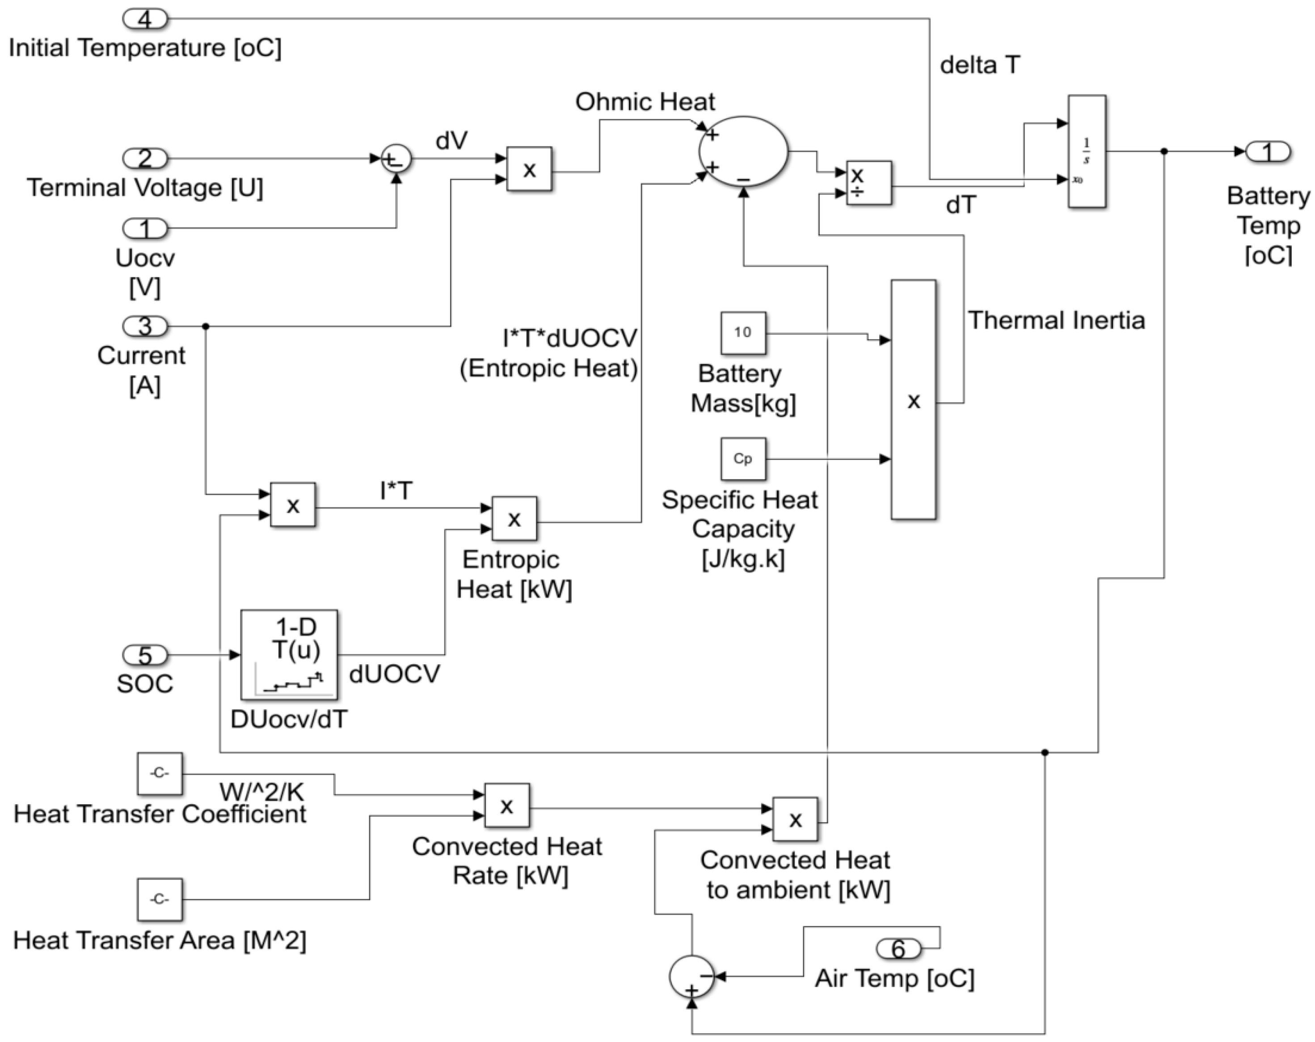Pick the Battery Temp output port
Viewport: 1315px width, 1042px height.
[1268, 151]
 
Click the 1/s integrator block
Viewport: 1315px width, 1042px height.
[1086, 151]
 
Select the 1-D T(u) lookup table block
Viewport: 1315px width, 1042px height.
[289, 654]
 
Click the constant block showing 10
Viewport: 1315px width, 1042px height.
[743, 333]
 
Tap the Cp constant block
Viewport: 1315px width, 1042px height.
[743, 459]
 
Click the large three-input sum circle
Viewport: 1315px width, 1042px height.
[743, 151]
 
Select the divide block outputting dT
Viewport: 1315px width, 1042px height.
[868, 183]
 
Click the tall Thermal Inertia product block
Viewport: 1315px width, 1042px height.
[913, 400]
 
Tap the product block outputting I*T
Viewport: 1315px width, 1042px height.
[293, 505]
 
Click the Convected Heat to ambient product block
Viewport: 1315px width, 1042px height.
[795, 819]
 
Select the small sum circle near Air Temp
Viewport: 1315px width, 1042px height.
[691, 977]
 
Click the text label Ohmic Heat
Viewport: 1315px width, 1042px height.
[645, 102]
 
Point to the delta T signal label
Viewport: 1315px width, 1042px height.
[979, 65]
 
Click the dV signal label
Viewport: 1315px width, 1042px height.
[451, 141]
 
